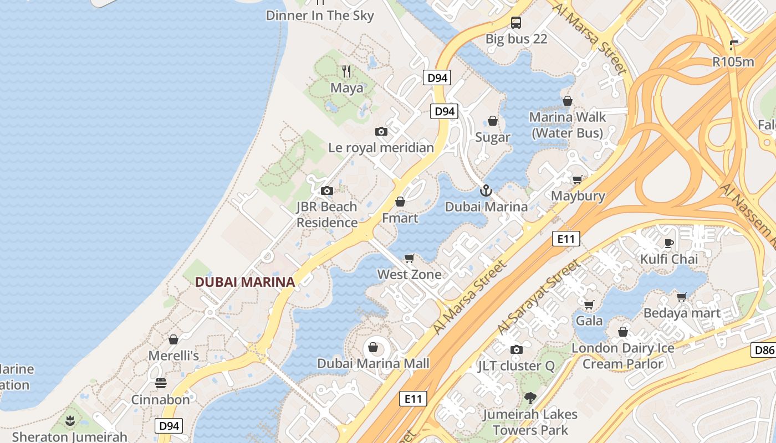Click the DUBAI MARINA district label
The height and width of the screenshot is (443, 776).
pos(244,282)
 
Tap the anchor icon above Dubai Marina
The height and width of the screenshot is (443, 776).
pos(486,191)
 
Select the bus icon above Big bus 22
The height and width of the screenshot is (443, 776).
pos(516,23)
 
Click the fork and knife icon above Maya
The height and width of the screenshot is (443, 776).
pos(347,71)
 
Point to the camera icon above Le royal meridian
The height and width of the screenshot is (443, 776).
pos(381,131)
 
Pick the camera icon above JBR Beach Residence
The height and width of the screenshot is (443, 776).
pos(327,190)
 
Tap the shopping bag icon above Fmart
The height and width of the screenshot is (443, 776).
pos(400,202)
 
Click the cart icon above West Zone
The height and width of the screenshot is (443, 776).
pos(410,258)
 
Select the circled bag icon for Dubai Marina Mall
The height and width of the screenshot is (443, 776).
pos(373,348)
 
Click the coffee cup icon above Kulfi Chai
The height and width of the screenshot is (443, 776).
pos(669,243)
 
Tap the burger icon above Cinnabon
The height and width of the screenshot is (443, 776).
pos(161,383)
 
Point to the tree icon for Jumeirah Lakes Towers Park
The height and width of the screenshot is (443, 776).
pos(530,398)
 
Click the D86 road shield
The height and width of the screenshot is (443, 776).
pos(764,349)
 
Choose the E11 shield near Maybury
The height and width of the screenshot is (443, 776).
pos(566,239)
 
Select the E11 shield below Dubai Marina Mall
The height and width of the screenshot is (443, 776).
pos(413,399)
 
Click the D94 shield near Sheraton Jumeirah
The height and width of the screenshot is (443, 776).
pos(169,426)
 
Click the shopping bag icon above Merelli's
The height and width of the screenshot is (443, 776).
pos(173,339)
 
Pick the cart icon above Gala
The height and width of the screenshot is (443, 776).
pos(589,305)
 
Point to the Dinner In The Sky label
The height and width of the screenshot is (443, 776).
pos(320,16)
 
